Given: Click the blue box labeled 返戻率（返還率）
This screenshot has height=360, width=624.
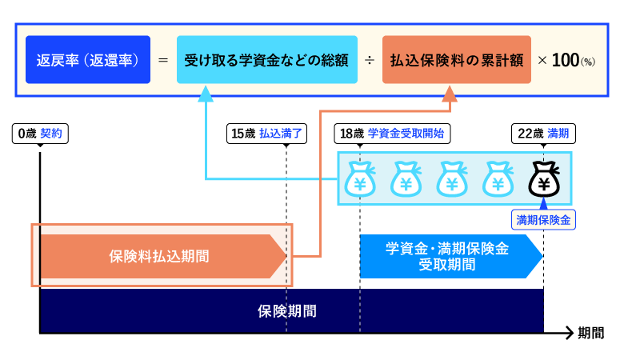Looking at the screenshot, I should [x=88, y=60].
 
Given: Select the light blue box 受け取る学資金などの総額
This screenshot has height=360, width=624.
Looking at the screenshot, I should [x=267, y=60].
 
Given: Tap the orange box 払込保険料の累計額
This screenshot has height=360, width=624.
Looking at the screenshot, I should [x=456, y=60].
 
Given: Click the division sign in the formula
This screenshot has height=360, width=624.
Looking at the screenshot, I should [x=369, y=60].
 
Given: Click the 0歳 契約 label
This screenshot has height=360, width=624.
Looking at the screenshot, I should [x=41, y=134].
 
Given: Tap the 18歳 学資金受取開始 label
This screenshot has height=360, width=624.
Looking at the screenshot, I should [x=391, y=134].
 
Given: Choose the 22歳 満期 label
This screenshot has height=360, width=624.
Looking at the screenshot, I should [x=543, y=134].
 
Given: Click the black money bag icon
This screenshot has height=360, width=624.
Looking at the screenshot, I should [x=544, y=180].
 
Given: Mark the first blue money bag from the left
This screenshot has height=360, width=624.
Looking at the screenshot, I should [x=360, y=180].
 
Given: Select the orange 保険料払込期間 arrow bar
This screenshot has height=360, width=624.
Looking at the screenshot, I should [x=160, y=257].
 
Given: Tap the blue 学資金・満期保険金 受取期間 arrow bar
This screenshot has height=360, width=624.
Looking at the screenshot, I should [x=448, y=257].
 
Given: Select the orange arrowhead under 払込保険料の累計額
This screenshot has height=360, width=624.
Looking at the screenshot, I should [x=450, y=95].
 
